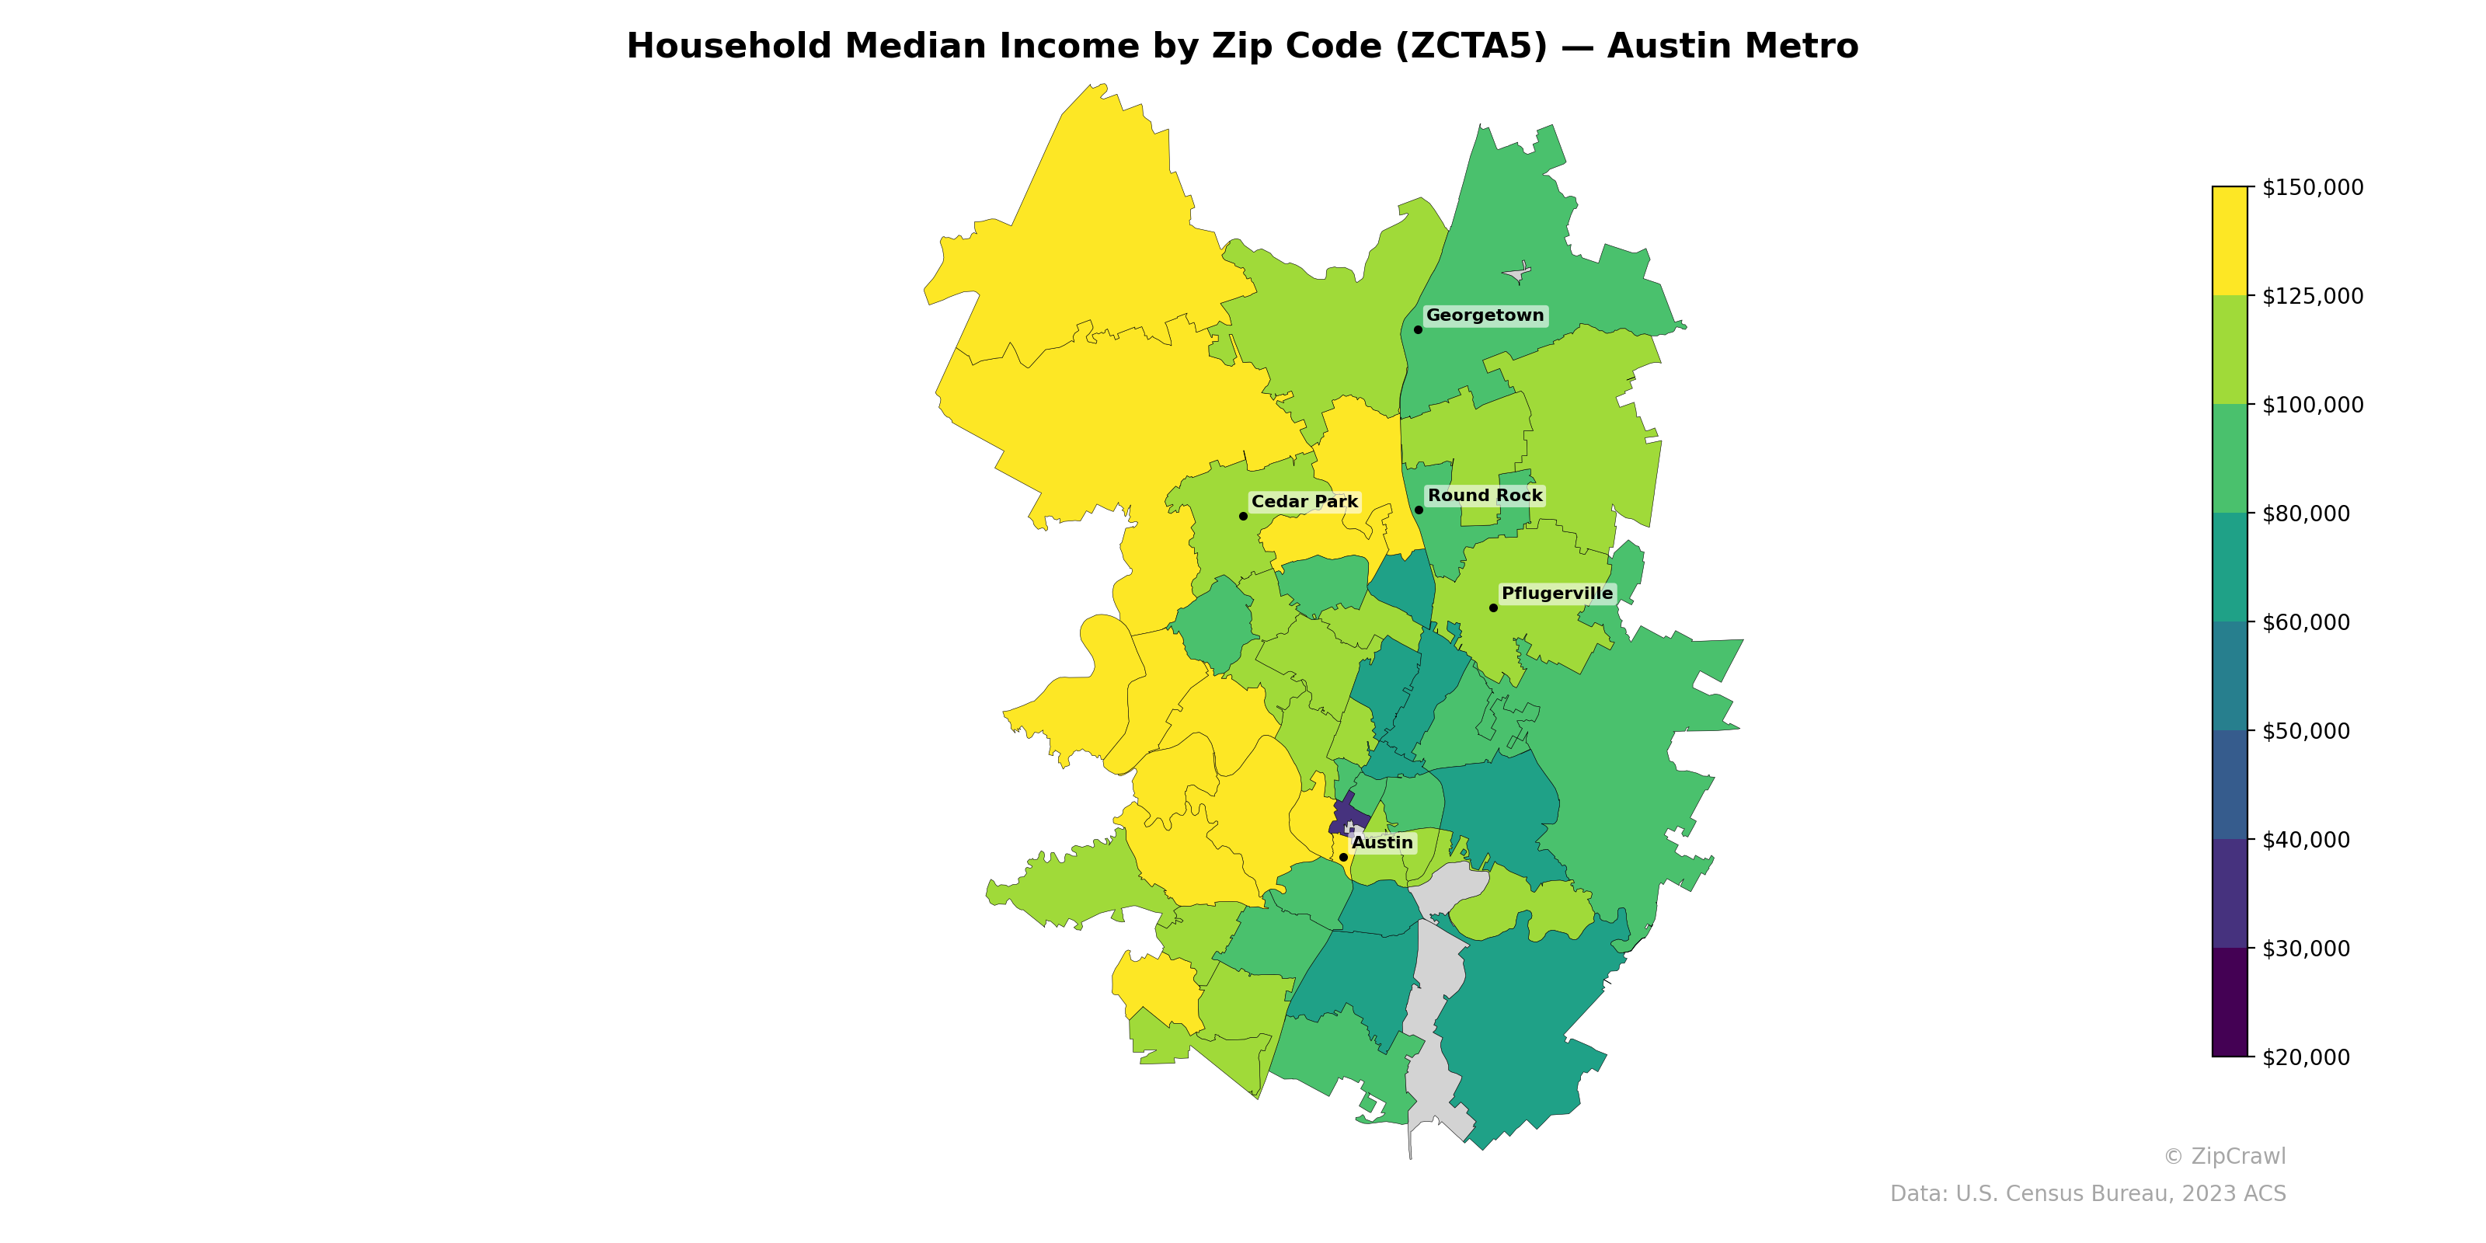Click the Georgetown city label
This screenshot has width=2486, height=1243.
pyautogui.click(x=1485, y=315)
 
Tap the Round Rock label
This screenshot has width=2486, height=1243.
pyautogui.click(x=1485, y=496)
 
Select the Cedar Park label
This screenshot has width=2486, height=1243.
pyautogui.click(x=1304, y=502)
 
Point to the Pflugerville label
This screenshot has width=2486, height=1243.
pyautogui.click(x=1557, y=594)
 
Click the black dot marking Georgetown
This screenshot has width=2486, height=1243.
pyautogui.click(x=1418, y=330)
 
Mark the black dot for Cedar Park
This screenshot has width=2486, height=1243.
pyautogui.click(x=1243, y=517)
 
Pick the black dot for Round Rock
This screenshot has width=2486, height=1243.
pyautogui.click(x=1419, y=510)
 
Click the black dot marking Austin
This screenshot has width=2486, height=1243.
pyautogui.click(x=1343, y=857)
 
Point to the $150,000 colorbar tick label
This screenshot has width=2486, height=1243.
pyautogui.click(x=2312, y=187)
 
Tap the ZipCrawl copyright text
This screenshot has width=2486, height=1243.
pyautogui.click(x=2224, y=1157)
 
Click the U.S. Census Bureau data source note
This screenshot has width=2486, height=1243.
pyautogui.click(x=2087, y=1194)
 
